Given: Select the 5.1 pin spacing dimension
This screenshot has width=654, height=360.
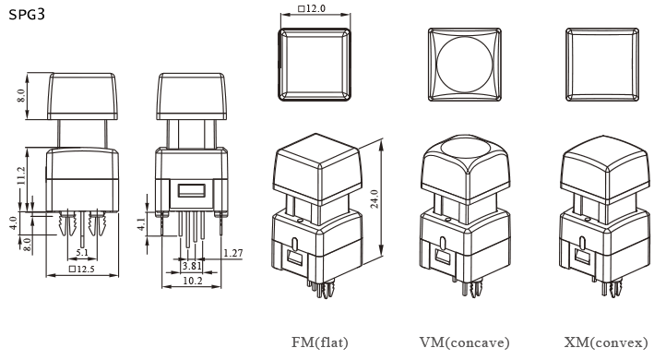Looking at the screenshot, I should (81, 252).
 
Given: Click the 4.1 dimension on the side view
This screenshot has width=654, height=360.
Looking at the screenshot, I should (140, 224).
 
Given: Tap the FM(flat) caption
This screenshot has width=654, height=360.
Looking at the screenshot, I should (320, 342).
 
